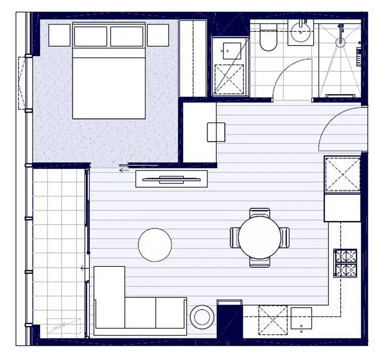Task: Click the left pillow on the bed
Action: coord(90,36)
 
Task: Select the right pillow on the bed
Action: coord(127,36)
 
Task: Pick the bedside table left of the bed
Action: coord(59,35)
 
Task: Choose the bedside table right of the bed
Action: coord(158,35)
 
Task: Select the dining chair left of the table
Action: coord(235,237)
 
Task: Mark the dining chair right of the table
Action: coord(284,237)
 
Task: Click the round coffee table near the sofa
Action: coord(155,245)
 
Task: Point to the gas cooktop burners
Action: coord(345,263)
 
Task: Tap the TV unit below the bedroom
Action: coord(171,178)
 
